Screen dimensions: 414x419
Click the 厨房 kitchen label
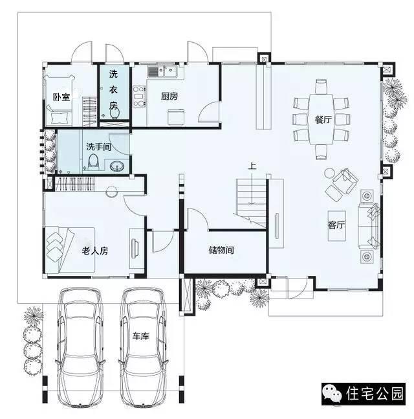coord(169,96)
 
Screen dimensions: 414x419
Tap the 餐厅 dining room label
coord(323,119)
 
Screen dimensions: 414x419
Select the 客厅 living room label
coord(336,225)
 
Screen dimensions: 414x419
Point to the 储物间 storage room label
coord(221,250)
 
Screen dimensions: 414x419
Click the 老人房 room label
coord(94,251)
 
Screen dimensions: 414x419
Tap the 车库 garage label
coord(140,336)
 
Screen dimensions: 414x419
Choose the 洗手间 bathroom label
coord(99,147)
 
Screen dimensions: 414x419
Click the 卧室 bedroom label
coord(61,97)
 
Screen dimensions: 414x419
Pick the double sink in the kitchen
coord(162,72)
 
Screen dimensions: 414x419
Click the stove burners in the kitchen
coord(139,96)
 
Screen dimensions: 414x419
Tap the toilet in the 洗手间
coord(93,162)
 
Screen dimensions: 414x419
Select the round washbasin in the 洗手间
coord(117,166)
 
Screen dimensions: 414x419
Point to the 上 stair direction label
coord(252,166)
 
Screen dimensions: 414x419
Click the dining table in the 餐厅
coord(321,119)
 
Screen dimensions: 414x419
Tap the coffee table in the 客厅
coord(337,226)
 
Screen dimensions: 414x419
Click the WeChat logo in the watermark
coord(332,394)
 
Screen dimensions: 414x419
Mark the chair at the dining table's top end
coord(321,86)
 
